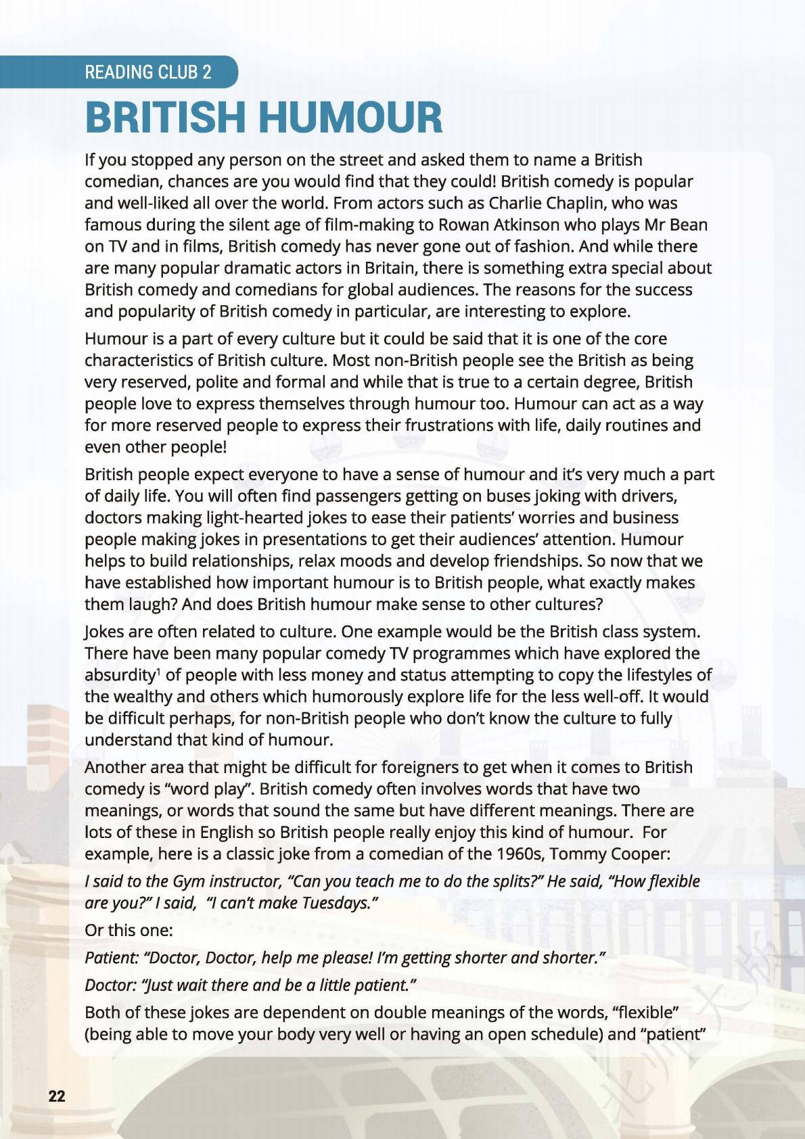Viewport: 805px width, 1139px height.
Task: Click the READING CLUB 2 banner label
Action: (x=147, y=72)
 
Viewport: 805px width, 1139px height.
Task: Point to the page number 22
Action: (x=57, y=1096)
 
